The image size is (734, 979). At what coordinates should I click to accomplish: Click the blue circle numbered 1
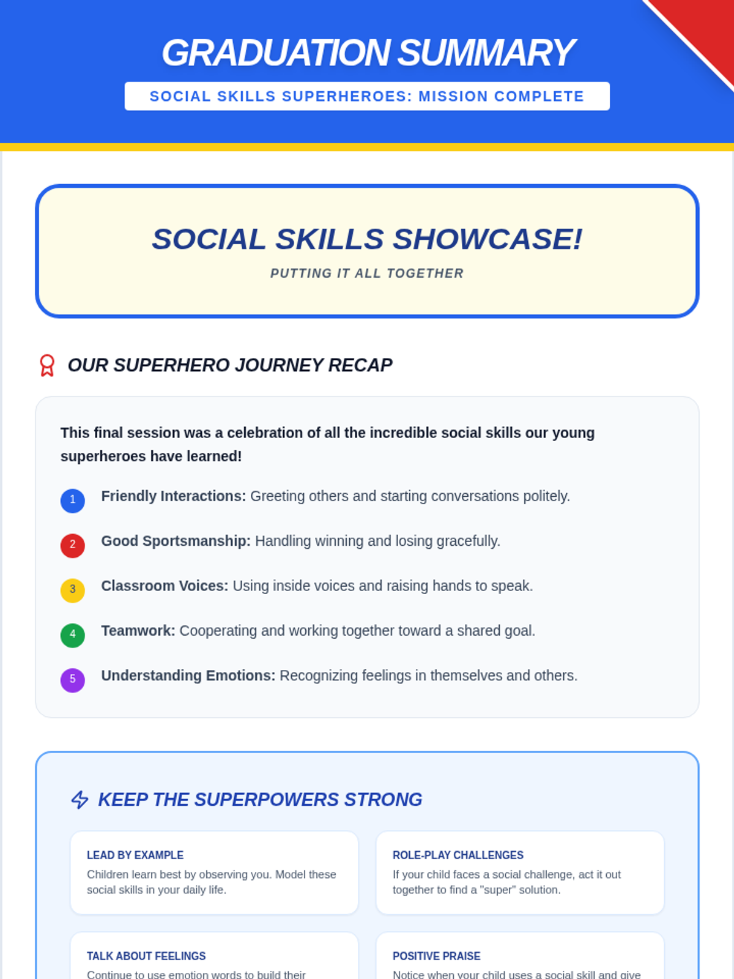(73, 501)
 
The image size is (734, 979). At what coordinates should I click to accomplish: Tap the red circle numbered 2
(73, 545)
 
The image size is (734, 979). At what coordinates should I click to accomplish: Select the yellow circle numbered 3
(73, 590)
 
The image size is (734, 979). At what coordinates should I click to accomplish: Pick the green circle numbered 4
(73, 635)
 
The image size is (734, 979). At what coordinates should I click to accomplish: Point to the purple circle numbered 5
(73, 680)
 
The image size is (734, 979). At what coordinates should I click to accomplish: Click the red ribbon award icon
(47, 365)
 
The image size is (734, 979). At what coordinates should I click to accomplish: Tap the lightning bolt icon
(80, 799)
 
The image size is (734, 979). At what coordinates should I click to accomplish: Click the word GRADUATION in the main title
(276, 53)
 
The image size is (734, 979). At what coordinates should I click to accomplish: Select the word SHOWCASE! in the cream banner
(487, 239)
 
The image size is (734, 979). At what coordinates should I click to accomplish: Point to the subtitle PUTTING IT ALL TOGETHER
(367, 273)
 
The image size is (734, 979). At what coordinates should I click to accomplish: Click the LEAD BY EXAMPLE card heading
(135, 855)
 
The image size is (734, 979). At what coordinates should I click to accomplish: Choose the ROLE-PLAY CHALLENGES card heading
(458, 855)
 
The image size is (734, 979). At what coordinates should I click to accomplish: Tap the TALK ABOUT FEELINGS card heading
(146, 956)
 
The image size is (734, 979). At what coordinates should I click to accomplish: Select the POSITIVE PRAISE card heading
(436, 956)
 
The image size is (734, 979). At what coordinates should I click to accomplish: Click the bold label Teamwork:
(138, 631)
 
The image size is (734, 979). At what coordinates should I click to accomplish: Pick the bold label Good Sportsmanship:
(176, 541)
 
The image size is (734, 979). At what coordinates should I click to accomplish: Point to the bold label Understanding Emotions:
(188, 676)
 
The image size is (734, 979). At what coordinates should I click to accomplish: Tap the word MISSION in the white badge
(453, 96)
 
